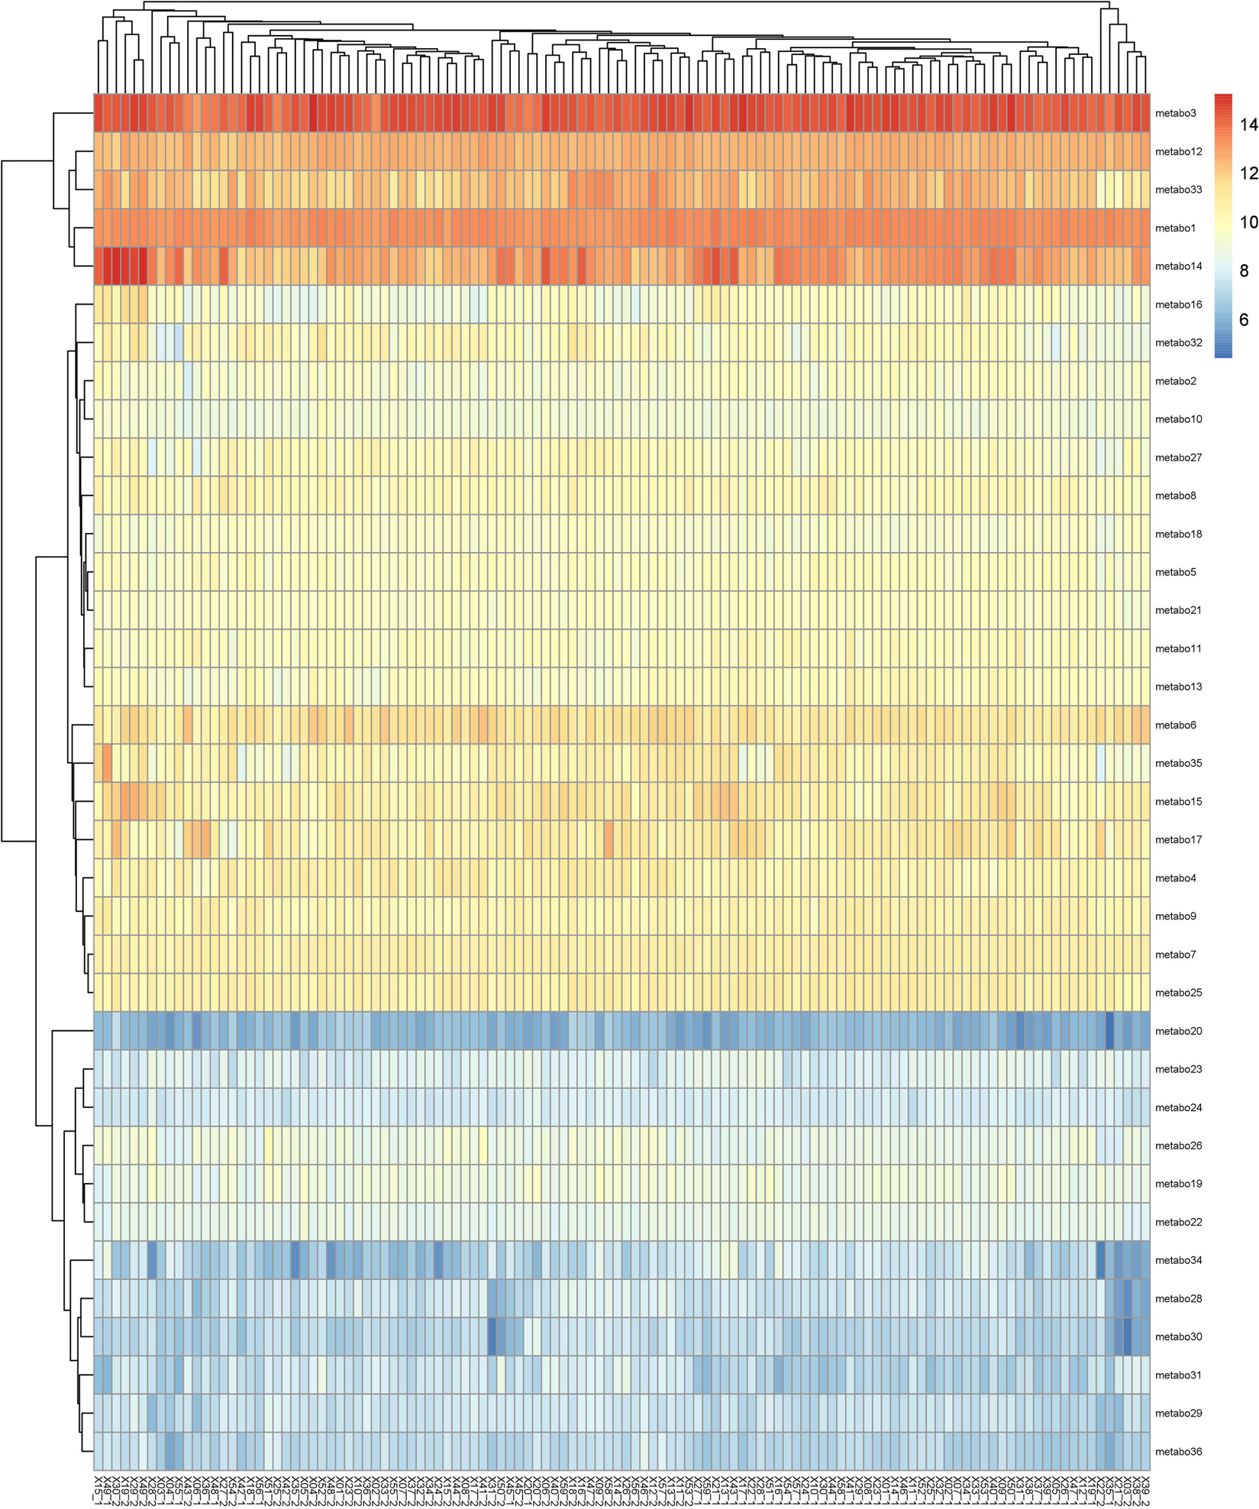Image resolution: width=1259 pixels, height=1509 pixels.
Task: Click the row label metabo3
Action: click(x=1175, y=113)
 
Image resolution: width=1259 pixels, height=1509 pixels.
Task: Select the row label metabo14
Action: click(x=1178, y=267)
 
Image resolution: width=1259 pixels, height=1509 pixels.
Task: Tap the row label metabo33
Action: click(x=1178, y=189)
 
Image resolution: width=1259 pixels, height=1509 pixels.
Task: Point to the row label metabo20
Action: click(x=1178, y=1031)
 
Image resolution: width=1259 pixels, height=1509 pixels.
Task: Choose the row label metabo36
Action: click(x=1178, y=1452)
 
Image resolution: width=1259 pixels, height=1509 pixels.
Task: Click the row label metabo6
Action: click(x=1175, y=725)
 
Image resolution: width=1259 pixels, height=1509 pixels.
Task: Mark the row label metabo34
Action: click(x=1178, y=1260)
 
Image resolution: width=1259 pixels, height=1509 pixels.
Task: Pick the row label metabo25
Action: click(x=1178, y=993)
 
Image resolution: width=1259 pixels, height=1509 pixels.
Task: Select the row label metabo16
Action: click(x=1178, y=305)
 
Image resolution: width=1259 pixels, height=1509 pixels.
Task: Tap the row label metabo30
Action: click(x=1178, y=1336)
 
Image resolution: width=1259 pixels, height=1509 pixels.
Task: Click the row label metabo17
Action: click(x=1178, y=839)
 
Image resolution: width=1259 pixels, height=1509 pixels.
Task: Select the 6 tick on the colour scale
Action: click(x=1244, y=320)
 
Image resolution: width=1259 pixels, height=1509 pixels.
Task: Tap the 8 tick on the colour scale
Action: click(x=1244, y=271)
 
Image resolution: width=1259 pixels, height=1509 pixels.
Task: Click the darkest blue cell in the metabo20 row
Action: click(x=1109, y=1031)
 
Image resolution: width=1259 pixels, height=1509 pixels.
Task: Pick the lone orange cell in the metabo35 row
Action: click(x=108, y=763)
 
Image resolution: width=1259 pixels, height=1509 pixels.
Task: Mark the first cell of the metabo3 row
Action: click(x=98, y=113)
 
